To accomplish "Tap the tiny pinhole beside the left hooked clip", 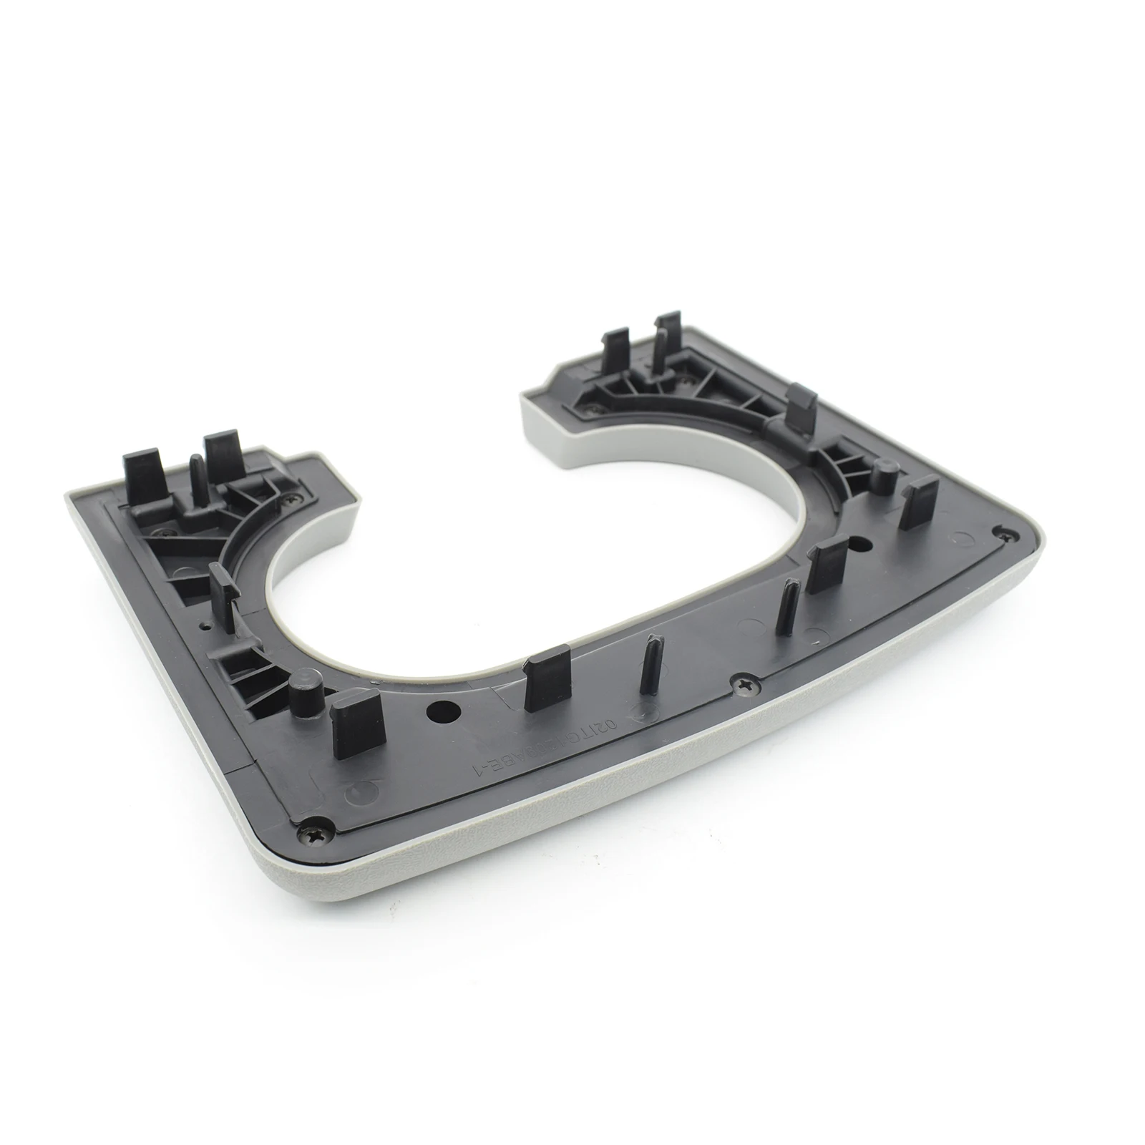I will point(206,625).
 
